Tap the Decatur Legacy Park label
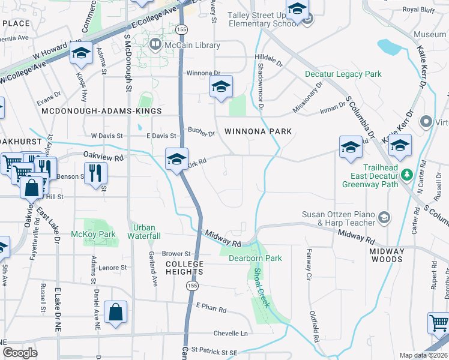tap(343, 74)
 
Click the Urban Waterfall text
tap(144, 232)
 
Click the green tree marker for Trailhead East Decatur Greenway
tap(407, 174)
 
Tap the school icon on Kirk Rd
tap(176, 160)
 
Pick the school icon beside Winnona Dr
tap(221, 88)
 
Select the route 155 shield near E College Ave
tap(180, 29)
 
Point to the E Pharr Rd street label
tap(211, 310)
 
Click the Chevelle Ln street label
tap(231, 334)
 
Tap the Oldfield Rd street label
tap(313, 322)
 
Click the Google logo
tap(20, 353)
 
